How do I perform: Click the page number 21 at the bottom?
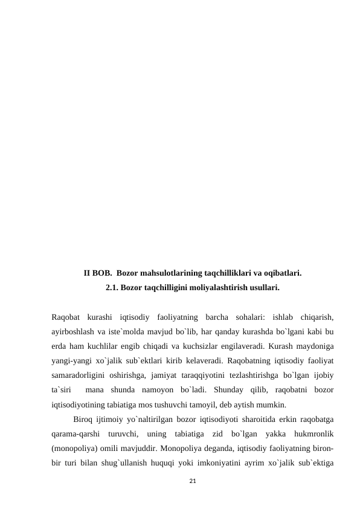(193, 481)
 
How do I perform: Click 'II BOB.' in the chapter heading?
(97, 273)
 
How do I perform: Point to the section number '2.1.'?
(112, 288)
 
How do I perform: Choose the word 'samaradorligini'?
(79, 375)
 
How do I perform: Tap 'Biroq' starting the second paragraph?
(83, 420)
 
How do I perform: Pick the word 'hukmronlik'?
(312, 434)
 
